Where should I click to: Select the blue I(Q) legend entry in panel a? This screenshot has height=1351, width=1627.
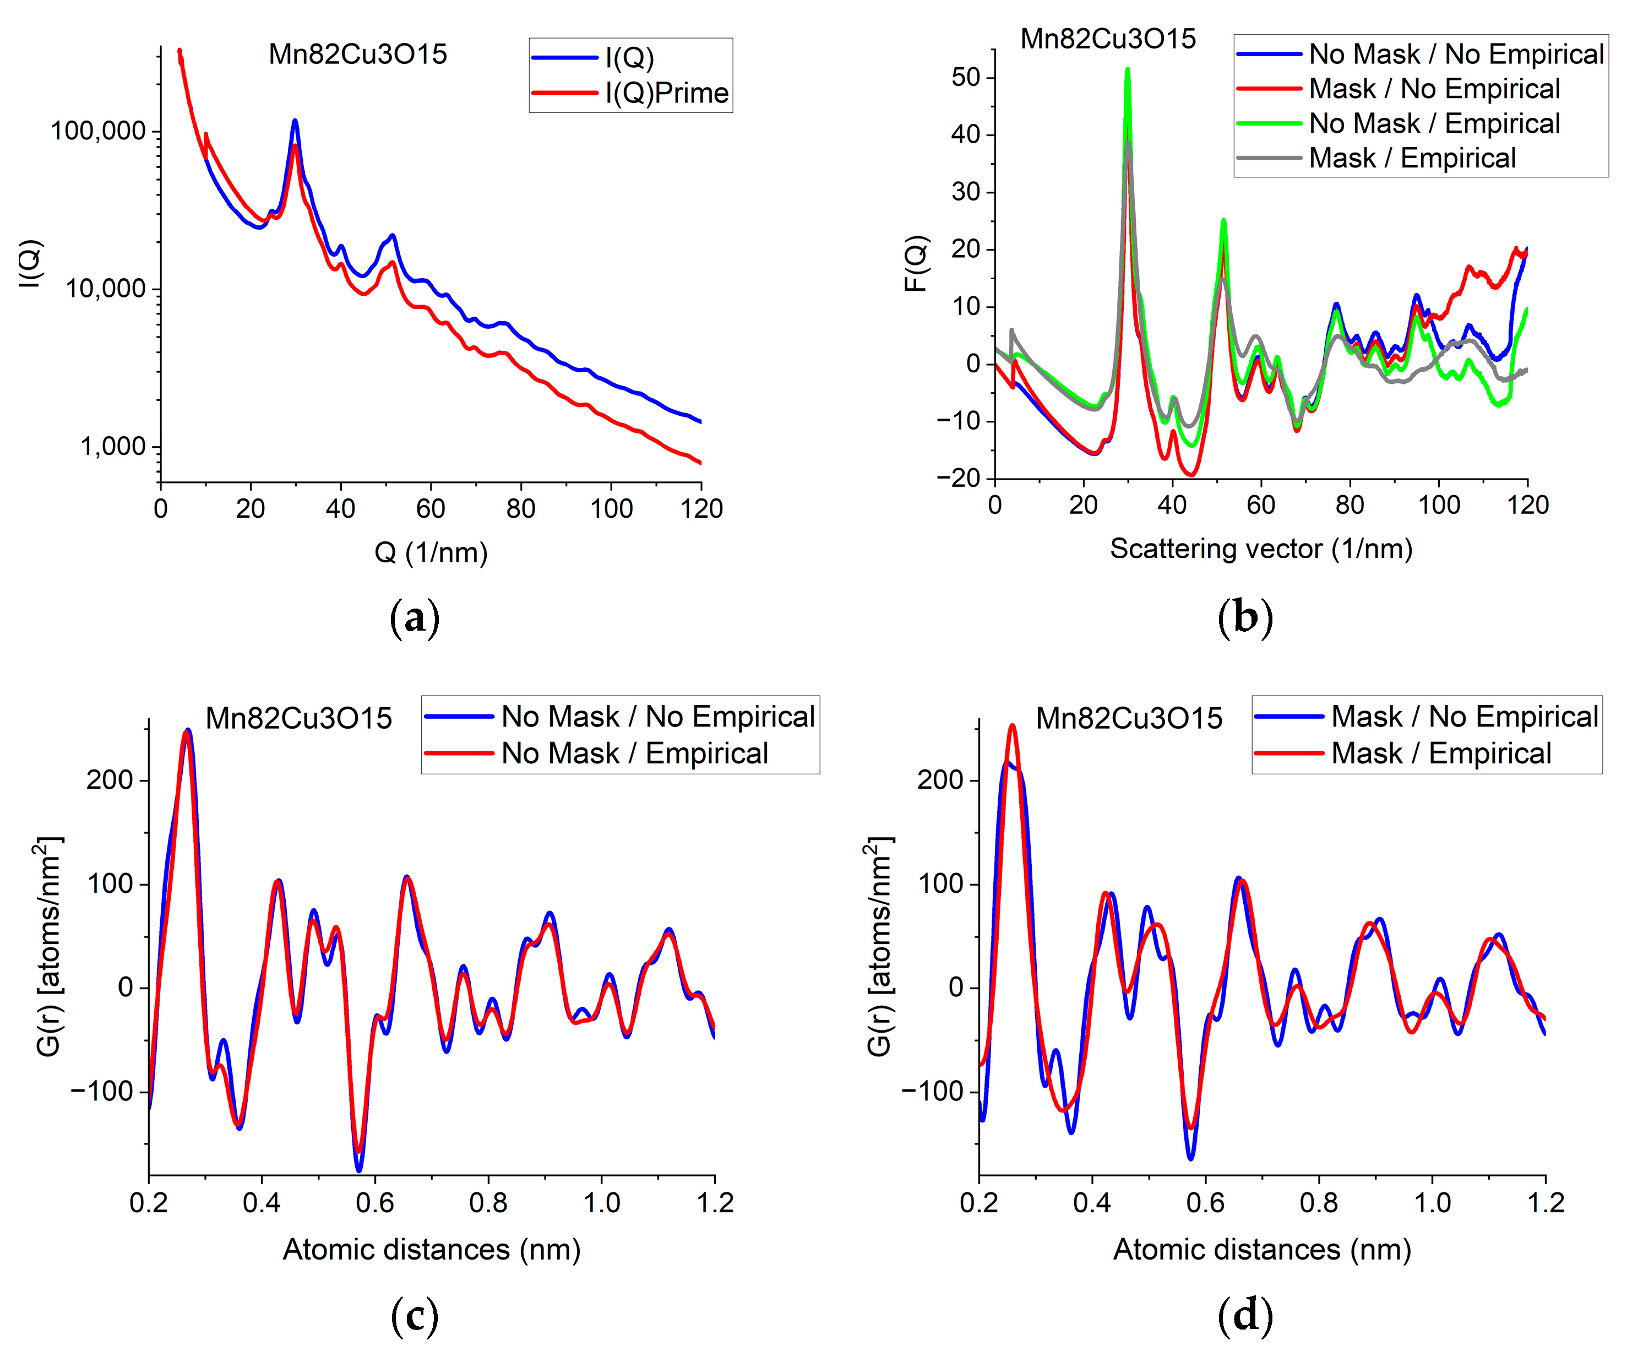[x=629, y=57]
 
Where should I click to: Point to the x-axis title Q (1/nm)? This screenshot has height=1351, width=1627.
[x=431, y=552]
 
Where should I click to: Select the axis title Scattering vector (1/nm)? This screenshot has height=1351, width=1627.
[x=1260, y=549]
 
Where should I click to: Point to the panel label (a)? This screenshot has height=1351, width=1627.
[x=415, y=618]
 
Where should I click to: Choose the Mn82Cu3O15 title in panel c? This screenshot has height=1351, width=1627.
[x=298, y=719]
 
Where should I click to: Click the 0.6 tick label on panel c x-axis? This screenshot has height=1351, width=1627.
[x=375, y=1203]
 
